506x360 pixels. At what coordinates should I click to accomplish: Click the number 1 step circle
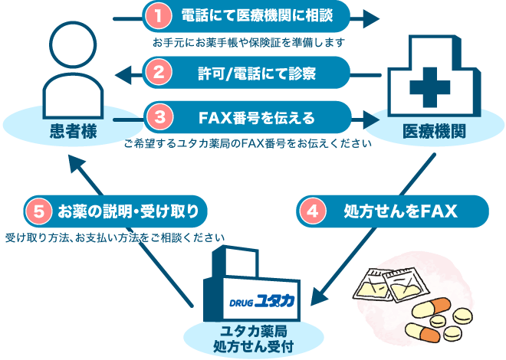(157, 15)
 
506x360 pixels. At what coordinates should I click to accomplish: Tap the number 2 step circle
(157, 74)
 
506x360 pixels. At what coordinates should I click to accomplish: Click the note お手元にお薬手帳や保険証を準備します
(248, 41)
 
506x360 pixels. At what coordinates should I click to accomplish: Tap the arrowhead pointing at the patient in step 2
(120, 74)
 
